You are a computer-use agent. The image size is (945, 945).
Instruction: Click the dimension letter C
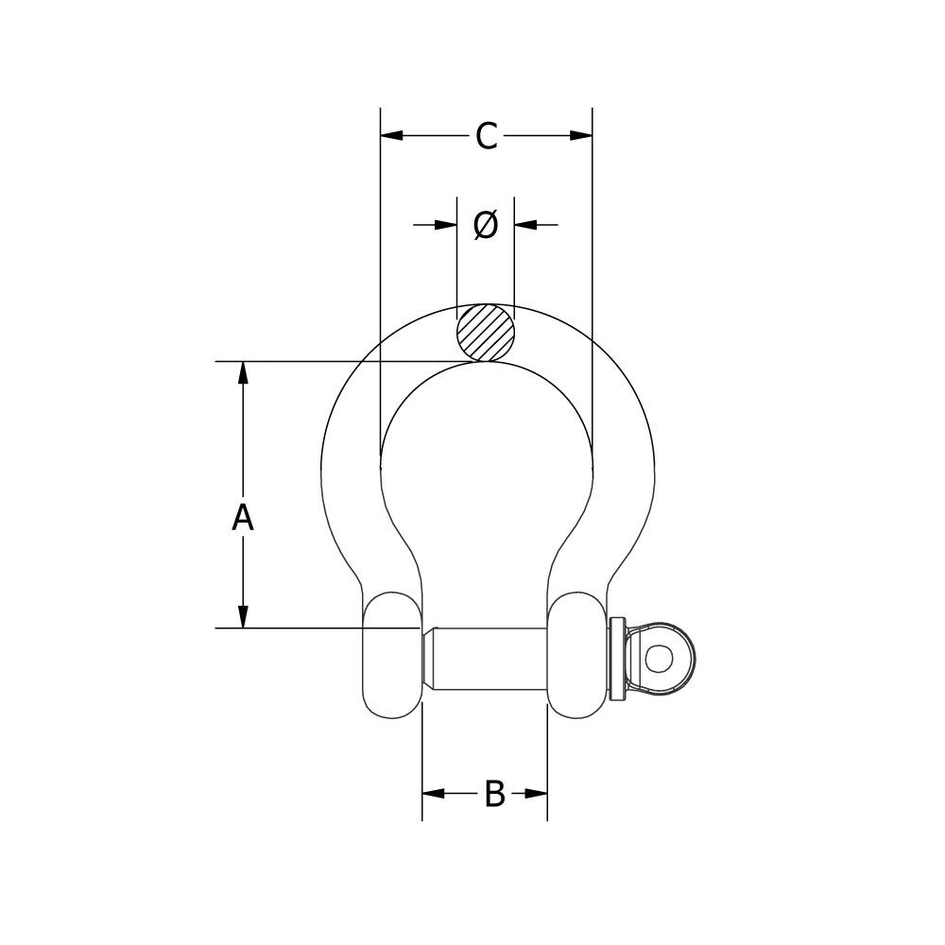point(486,136)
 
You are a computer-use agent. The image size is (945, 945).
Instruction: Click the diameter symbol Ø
point(485,225)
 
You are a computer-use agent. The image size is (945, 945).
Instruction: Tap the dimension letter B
point(494,794)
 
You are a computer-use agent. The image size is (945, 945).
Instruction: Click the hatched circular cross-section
point(486,333)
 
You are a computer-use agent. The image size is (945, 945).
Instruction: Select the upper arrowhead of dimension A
point(244,372)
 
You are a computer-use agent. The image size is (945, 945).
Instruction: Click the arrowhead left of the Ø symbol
point(445,225)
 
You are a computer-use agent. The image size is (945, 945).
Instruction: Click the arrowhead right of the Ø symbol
point(525,225)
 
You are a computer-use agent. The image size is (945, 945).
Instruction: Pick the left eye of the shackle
point(391,656)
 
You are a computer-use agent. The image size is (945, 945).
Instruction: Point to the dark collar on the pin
point(618,658)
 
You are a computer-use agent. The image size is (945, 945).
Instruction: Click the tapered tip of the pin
point(428,658)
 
